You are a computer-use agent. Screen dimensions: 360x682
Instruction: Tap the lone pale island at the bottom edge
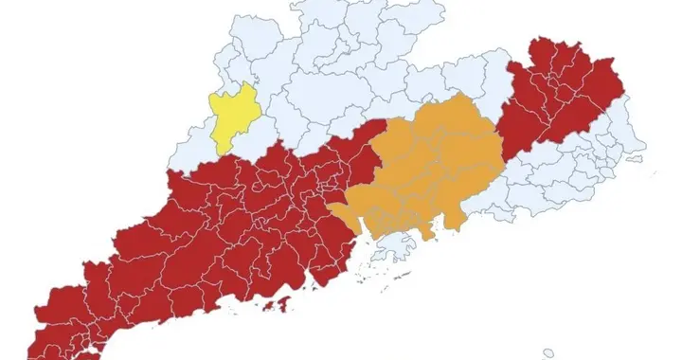pos(548,352)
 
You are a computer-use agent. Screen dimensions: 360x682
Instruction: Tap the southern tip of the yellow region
pos(221,153)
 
